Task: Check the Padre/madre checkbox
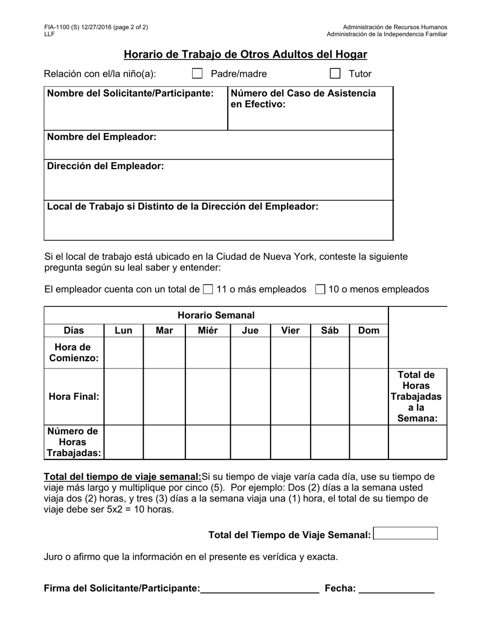pyautogui.click(x=197, y=74)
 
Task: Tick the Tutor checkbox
pyautogui.click(x=335, y=74)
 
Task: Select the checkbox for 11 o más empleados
pyautogui.click(x=208, y=289)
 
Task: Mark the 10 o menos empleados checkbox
pyautogui.click(x=321, y=289)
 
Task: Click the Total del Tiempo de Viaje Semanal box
pyautogui.click(x=406, y=533)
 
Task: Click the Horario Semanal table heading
pyautogui.click(x=216, y=315)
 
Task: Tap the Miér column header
pyautogui.click(x=208, y=330)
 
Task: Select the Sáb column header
pyautogui.click(x=330, y=330)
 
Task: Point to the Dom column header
pyautogui.click(x=369, y=330)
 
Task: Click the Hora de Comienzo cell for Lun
pyautogui.click(x=124, y=353)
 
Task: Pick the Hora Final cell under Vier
pyautogui.click(x=290, y=397)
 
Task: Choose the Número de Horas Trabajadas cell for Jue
pyautogui.click(x=250, y=442)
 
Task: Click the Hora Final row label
pyautogui.click(x=74, y=397)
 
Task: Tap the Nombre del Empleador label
pyautogui.click(x=102, y=137)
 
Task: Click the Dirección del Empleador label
pyautogui.click(x=105, y=167)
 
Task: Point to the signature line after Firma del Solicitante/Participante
pyautogui.click(x=259, y=589)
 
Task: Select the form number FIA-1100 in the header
pyautogui.click(x=57, y=27)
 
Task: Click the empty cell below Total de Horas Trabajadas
pyautogui.click(x=418, y=442)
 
